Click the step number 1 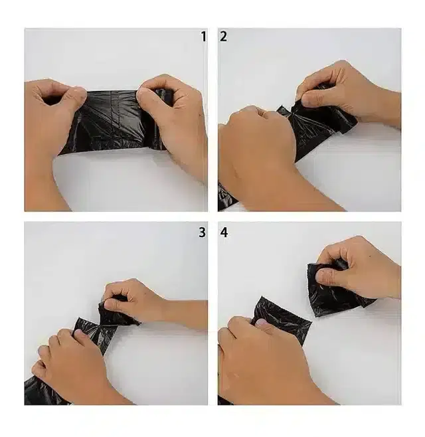(203, 37)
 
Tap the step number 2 (223, 37)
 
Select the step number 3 (202, 232)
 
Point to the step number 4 (224, 232)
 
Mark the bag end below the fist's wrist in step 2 (226, 197)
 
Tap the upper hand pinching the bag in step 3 (133, 299)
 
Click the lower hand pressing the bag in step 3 (66, 359)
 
